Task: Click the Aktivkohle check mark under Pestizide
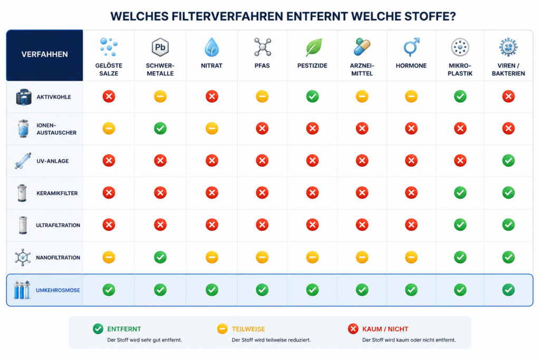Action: tap(312, 96)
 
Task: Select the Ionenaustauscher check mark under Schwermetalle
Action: tap(160, 129)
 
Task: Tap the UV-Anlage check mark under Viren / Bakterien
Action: tap(508, 160)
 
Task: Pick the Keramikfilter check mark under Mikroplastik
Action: tap(460, 193)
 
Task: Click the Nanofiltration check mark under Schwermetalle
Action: tap(160, 257)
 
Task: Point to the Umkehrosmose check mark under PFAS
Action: tap(262, 290)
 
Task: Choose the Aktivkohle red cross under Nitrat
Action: tap(212, 96)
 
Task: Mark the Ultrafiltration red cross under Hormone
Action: tap(411, 225)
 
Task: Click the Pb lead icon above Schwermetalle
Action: tap(160, 47)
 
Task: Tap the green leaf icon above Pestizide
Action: tap(314, 47)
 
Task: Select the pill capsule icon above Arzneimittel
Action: tap(362, 46)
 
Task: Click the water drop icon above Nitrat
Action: tap(211, 47)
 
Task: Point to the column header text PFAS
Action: tap(262, 66)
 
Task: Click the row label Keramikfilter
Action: tap(57, 193)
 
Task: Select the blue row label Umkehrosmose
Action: tap(58, 290)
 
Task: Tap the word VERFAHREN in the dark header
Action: tap(44, 54)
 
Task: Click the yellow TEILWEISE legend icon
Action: tap(223, 329)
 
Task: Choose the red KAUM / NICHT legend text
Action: tap(385, 329)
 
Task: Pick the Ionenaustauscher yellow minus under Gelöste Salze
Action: tap(109, 129)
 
